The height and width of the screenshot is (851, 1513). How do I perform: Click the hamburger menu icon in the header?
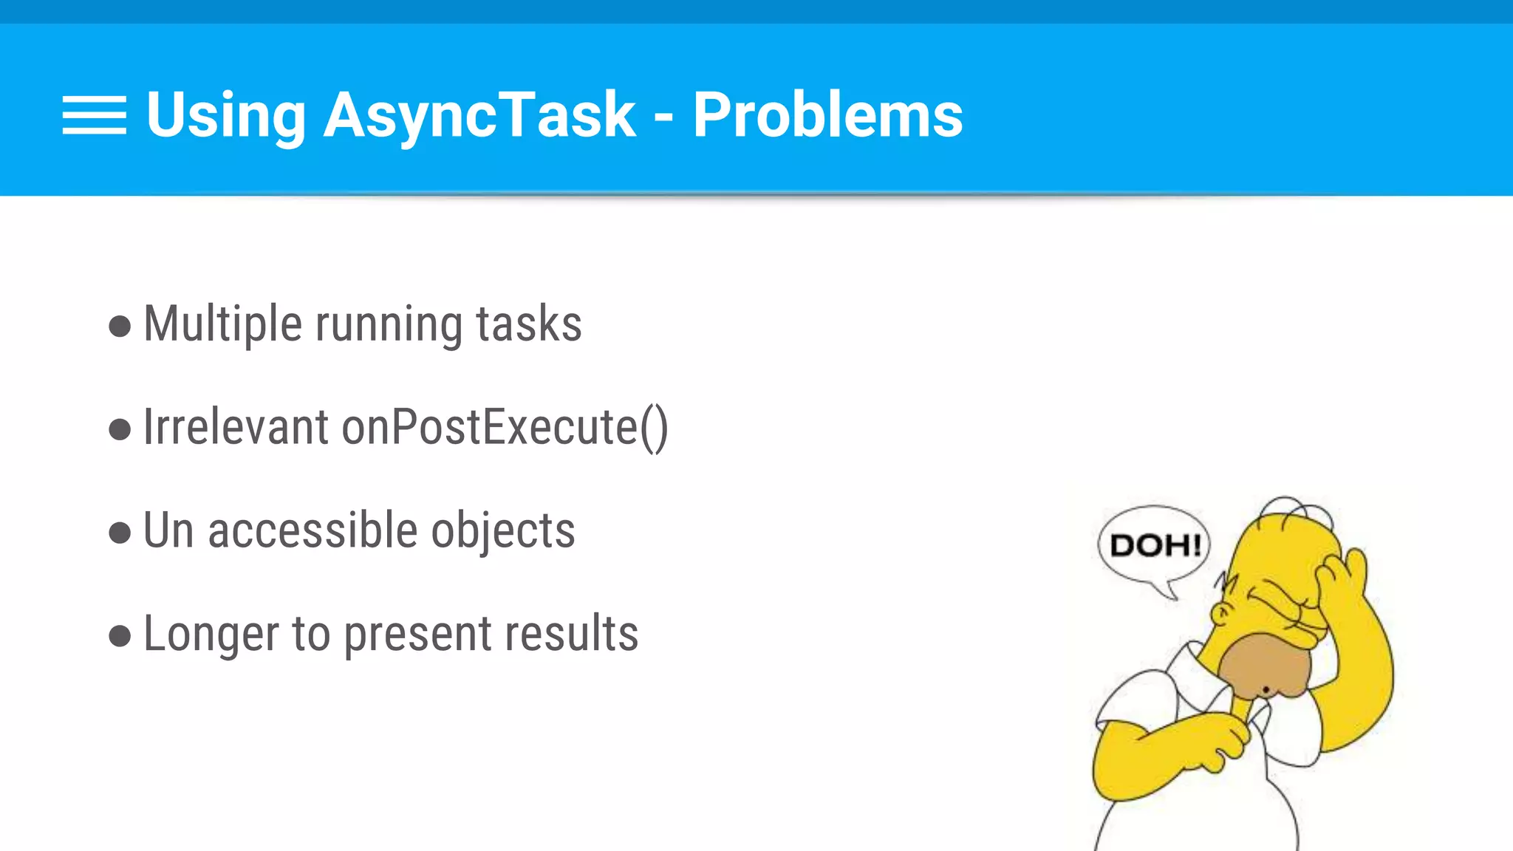coord(95,115)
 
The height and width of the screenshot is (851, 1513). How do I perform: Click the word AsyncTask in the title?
coord(479,115)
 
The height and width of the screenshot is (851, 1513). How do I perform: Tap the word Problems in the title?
coord(827,115)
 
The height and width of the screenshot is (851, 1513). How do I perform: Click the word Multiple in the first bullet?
coord(222,324)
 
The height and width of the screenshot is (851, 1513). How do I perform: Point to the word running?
coord(389,326)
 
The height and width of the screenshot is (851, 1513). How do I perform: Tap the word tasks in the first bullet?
coord(529,324)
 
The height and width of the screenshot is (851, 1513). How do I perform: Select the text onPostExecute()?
coord(505,428)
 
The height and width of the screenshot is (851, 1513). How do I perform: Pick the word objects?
coord(503,532)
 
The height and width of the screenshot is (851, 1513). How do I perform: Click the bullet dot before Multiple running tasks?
coord(120,326)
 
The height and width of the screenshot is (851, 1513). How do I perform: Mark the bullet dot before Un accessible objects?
coord(120,532)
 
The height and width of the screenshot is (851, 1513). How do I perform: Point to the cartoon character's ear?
coord(1223,613)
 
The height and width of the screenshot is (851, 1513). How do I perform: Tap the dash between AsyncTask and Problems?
coord(663,117)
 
